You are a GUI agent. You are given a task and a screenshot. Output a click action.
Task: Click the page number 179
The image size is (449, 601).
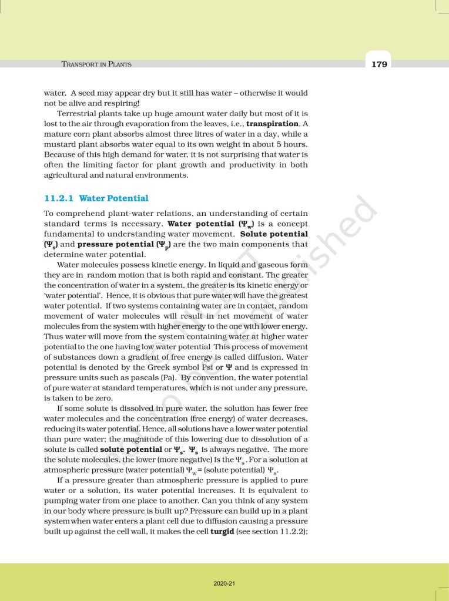379,64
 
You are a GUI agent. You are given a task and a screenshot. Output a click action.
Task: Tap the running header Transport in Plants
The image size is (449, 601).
96,64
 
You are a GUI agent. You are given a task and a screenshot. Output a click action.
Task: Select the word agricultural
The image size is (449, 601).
70,175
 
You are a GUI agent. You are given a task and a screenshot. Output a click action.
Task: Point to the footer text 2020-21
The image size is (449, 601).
224,583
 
